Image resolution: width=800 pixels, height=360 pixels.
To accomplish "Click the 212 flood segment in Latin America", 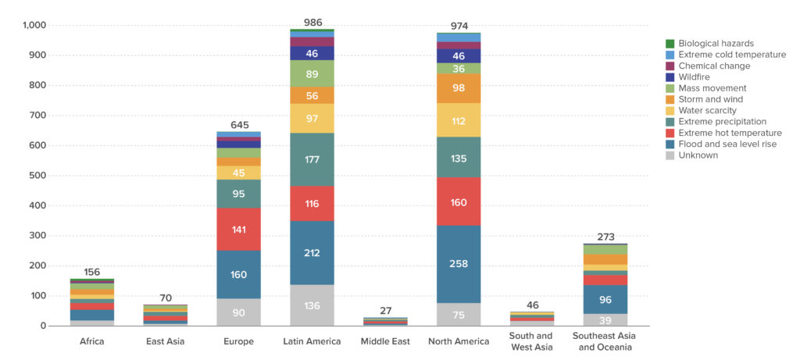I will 312,252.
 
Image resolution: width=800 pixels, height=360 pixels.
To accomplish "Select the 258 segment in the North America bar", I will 459,264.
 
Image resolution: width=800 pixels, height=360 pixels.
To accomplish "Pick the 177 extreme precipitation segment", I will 312,159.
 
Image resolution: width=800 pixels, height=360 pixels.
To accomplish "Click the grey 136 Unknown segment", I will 312,305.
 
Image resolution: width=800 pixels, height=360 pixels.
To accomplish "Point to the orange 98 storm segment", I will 459,87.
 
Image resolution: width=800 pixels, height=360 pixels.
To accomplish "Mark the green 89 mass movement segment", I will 312,73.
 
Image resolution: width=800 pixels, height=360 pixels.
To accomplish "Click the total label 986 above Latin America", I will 312,23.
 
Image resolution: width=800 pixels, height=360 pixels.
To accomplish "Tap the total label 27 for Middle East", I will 385,311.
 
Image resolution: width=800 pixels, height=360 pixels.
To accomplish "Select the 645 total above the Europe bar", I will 239,125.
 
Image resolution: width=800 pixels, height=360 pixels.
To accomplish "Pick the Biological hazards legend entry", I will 716,44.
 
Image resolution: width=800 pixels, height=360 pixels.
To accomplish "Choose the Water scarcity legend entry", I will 707,111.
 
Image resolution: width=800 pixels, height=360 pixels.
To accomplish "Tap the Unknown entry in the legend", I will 698,155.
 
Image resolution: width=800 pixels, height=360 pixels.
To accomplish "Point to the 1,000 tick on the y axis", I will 34,25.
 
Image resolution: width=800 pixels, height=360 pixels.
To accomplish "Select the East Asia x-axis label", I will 166,341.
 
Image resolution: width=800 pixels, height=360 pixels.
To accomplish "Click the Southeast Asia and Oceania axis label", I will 605,341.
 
